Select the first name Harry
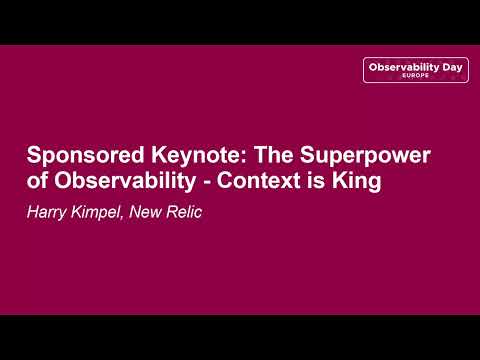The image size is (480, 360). pyautogui.click(x=47, y=212)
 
